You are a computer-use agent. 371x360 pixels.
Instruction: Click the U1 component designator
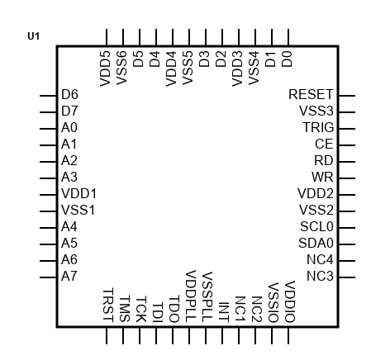(x=33, y=36)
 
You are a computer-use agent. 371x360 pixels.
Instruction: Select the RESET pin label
(x=311, y=94)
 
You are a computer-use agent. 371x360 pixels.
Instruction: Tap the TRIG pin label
(x=318, y=127)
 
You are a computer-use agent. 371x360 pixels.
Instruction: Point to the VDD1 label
(x=78, y=193)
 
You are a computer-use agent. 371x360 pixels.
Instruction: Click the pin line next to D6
(x=48, y=96)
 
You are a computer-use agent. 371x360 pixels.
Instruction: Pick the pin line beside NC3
(x=347, y=277)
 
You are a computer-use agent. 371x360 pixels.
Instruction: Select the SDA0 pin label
(x=316, y=243)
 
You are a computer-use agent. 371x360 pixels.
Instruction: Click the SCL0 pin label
(x=316, y=226)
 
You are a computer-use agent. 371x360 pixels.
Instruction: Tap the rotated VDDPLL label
(x=190, y=296)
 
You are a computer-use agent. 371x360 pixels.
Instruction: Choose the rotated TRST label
(x=107, y=305)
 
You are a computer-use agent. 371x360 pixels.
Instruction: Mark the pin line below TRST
(x=107, y=335)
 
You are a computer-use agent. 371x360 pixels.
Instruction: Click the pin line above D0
(x=288, y=37)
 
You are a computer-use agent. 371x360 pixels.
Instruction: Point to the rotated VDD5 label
(x=105, y=69)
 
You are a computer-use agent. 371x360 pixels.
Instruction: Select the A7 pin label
(x=69, y=276)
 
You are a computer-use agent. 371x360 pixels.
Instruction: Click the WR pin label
(x=322, y=177)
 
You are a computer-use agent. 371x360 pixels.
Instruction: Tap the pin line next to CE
(x=347, y=145)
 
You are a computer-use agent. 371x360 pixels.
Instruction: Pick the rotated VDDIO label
(x=289, y=301)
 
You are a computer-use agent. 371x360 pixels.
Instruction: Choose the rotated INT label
(x=223, y=312)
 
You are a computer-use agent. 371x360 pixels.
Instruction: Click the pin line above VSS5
(x=189, y=37)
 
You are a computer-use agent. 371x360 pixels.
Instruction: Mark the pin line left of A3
(x=48, y=178)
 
